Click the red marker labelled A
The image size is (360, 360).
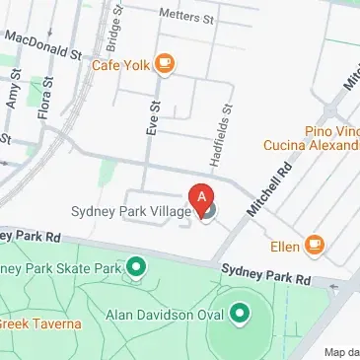point(202,198)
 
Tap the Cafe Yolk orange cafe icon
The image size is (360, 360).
point(165,65)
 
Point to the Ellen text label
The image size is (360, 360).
point(284,246)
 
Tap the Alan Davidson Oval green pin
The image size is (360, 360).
point(240,315)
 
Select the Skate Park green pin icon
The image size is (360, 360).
point(136,266)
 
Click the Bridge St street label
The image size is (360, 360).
point(114,33)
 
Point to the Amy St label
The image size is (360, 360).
point(14,87)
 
